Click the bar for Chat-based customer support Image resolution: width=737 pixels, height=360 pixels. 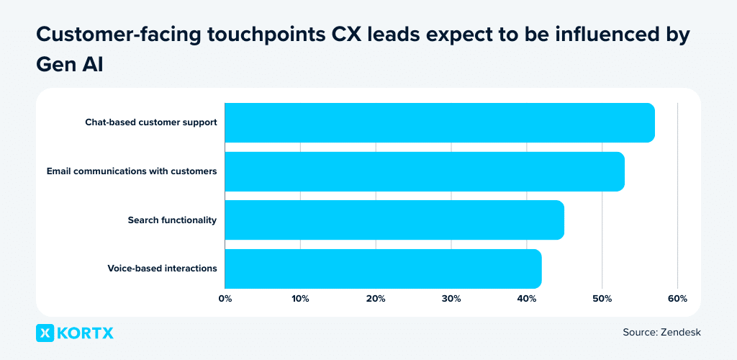pos(440,122)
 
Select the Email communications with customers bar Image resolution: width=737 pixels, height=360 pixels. pos(425,171)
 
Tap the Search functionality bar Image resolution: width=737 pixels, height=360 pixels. pos(394,220)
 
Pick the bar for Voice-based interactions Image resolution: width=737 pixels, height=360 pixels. pos(383,269)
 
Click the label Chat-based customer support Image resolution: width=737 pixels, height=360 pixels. pos(150,122)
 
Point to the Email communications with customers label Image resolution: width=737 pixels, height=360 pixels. pos(132,171)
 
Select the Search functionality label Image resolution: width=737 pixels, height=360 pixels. pos(172,220)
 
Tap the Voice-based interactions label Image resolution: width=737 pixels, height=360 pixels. pos(162,269)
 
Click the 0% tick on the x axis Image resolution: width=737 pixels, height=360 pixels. pos(225,299)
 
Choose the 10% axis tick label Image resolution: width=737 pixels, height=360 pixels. pos(300,299)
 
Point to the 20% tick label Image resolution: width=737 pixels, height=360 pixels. pos(376,299)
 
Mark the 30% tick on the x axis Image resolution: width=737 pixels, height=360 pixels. pos(451,299)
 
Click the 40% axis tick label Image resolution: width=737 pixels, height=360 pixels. pos(527,299)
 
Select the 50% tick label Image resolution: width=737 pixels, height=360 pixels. pos(602,299)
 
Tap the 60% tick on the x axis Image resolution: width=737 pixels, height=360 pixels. pos(678,299)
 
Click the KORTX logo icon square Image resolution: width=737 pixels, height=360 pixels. pos(45,333)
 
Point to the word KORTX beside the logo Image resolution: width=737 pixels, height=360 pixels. pos(86,333)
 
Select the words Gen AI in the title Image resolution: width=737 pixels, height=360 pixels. pos(69,63)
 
